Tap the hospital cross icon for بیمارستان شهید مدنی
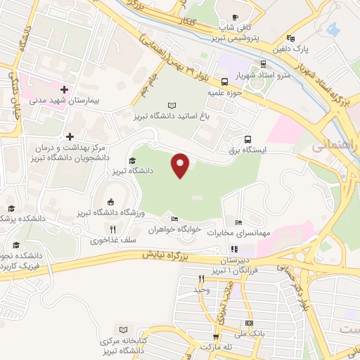pos(65,89)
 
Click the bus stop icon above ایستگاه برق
pos(247,139)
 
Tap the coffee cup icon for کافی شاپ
pos(236,18)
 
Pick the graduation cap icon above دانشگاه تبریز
pos(132,161)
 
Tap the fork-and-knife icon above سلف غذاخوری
pos(112,229)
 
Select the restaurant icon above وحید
pos(201,279)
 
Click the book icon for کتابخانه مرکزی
pos(124,330)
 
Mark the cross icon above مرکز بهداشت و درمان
pos(70,136)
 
